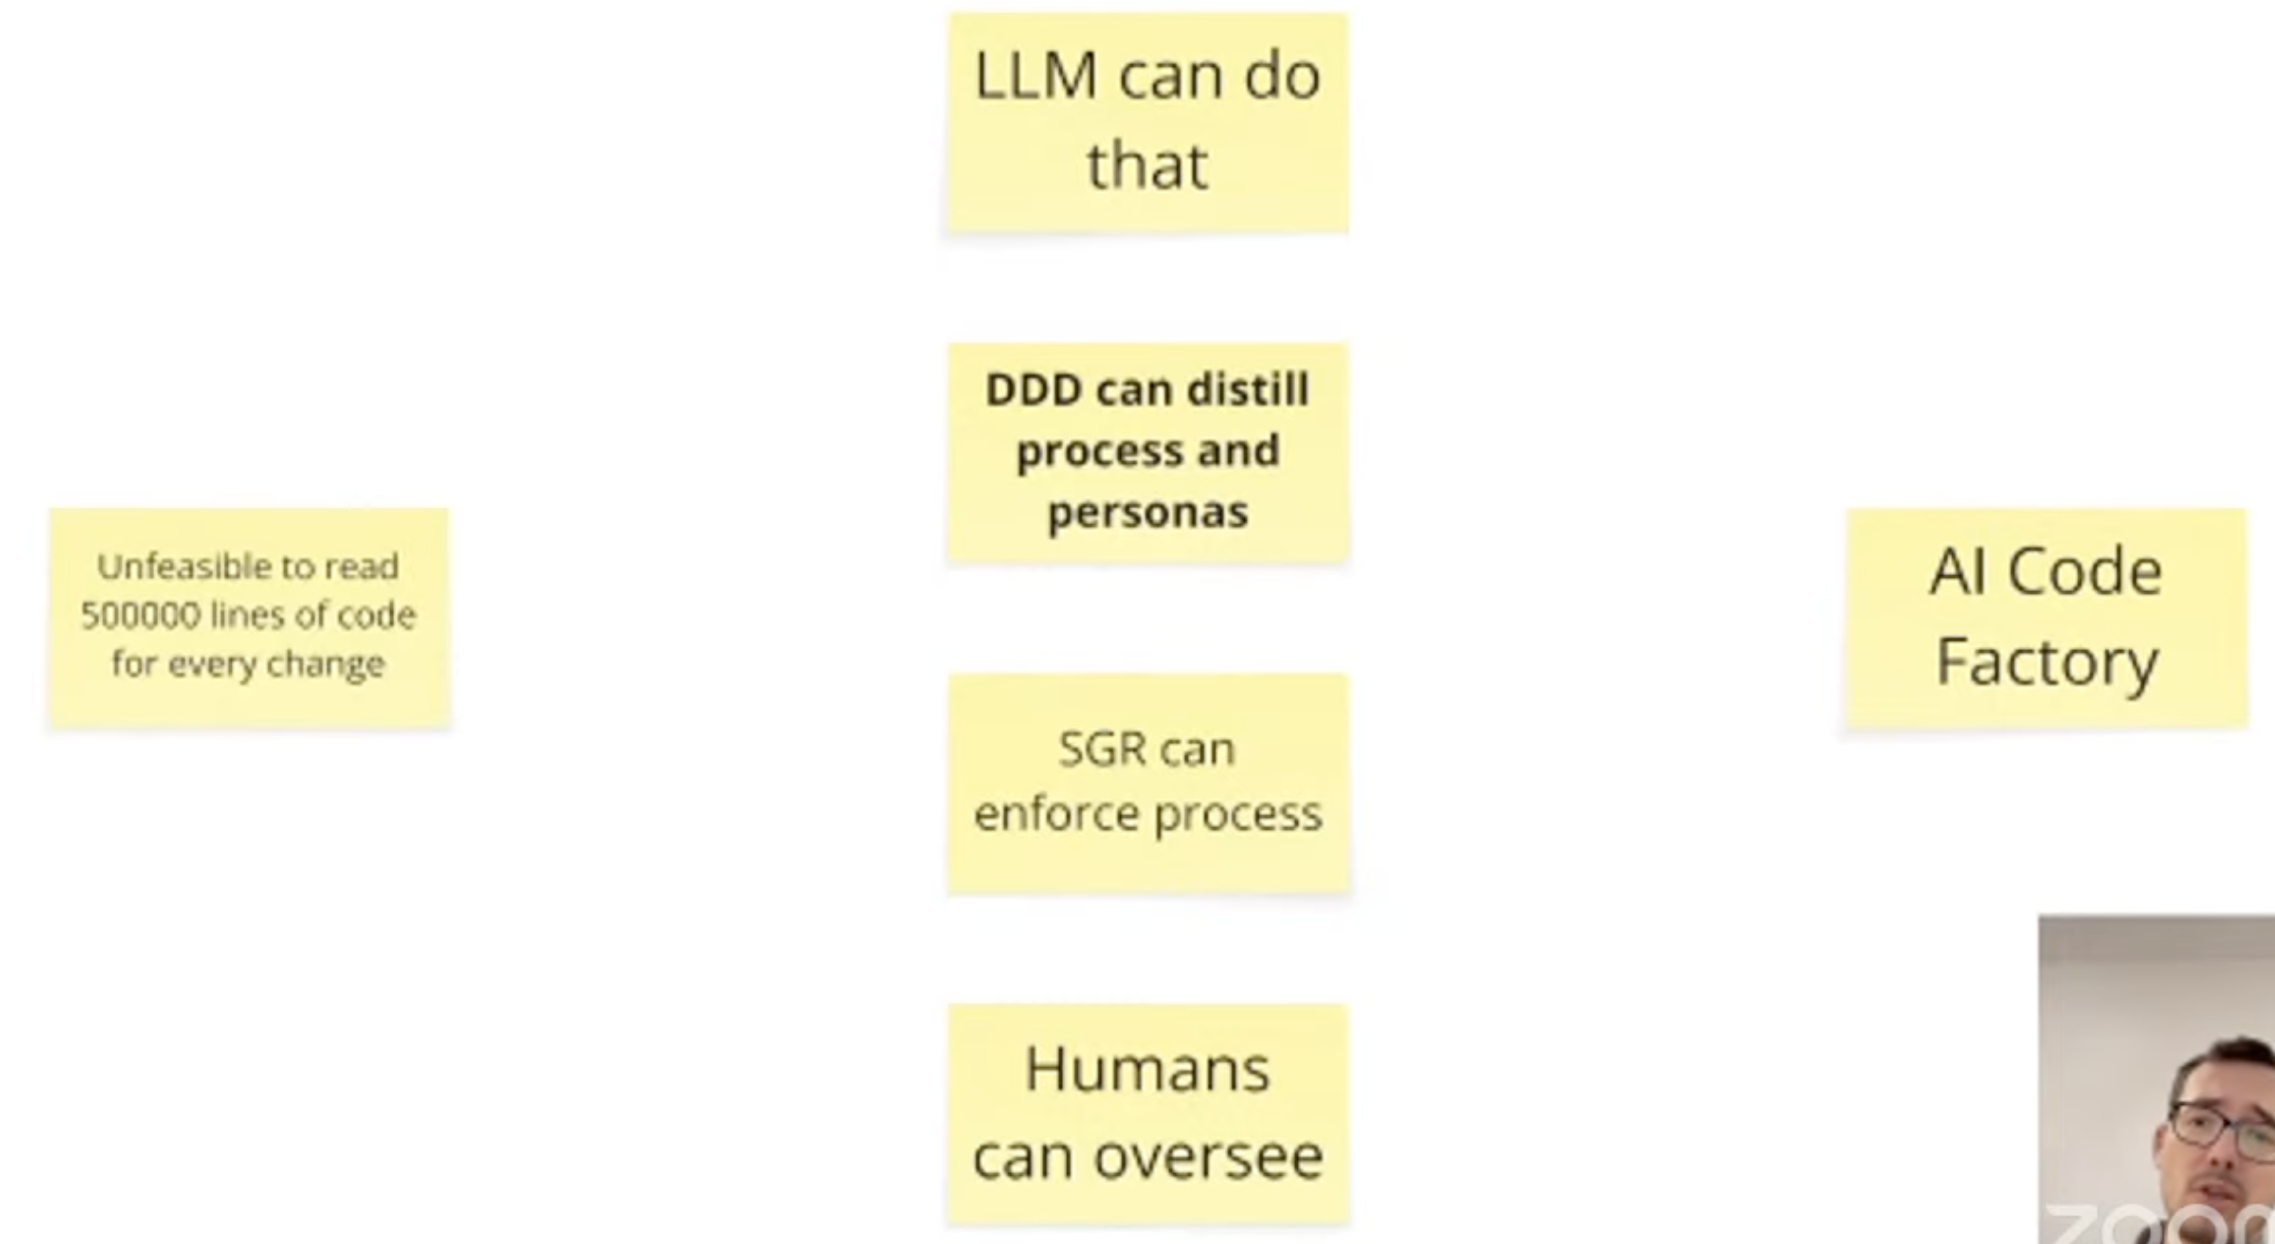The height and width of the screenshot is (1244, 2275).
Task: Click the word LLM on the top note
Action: [1036, 77]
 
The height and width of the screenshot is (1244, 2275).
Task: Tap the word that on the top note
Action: [1147, 166]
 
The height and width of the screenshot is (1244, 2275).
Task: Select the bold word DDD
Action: [1034, 389]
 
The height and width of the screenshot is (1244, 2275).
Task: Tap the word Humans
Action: [1147, 1070]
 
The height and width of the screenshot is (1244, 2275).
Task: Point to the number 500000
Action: [140, 615]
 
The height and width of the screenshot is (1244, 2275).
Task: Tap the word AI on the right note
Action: [1958, 572]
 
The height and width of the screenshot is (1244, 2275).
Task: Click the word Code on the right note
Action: [2085, 572]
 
